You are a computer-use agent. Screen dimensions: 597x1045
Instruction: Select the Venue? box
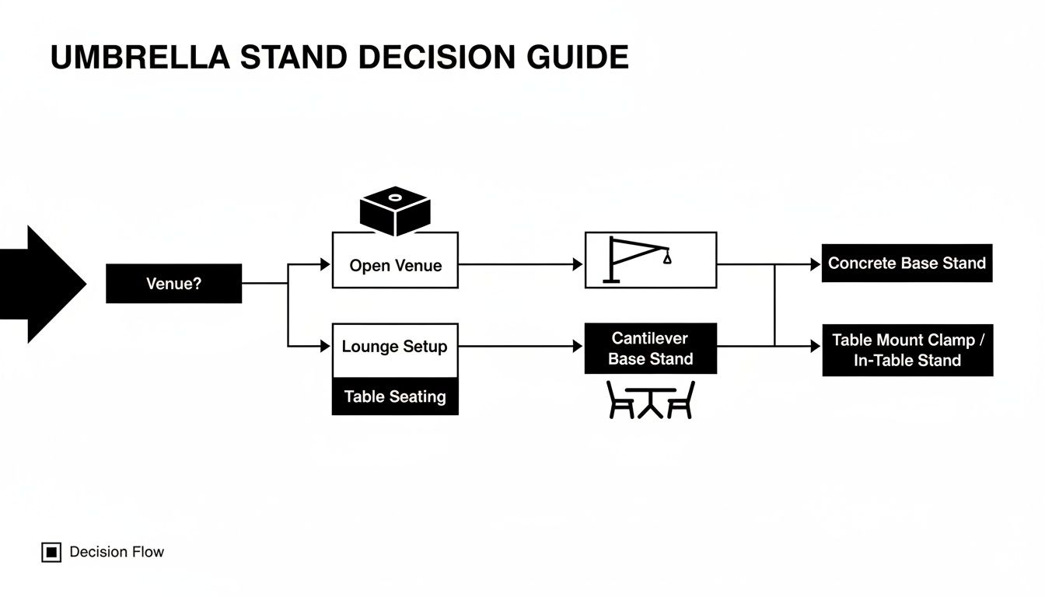[x=173, y=284]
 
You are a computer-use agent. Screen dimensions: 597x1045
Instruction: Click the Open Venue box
[x=395, y=265]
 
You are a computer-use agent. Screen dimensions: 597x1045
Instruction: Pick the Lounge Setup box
[x=395, y=347]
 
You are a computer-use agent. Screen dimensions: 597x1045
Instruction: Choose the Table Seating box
[x=395, y=396]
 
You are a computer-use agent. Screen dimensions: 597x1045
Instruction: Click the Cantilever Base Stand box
[x=650, y=348]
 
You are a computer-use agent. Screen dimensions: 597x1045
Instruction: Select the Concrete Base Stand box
[x=907, y=264]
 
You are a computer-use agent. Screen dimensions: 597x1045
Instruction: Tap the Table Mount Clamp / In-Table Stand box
[x=907, y=350]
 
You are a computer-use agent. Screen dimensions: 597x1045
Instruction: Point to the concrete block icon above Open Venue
[x=395, y=210]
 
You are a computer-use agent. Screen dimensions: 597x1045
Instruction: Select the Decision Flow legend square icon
[x=51, y=553]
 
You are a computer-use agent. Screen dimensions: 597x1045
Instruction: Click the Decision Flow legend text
[x=117, y=552]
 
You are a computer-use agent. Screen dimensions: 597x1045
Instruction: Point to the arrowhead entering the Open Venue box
[x=326, y=264]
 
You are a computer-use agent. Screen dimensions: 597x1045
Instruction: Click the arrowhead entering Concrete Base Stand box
[x=816, y=264]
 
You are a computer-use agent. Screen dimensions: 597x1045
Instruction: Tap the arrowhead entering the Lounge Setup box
[x=326, y=346]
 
